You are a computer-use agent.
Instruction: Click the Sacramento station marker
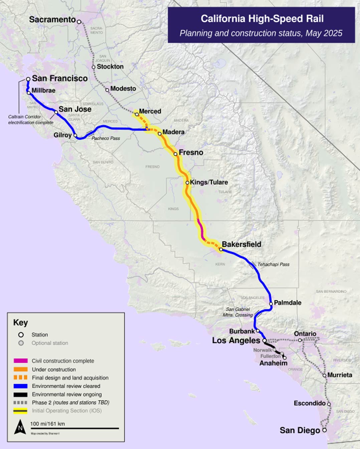(x=79, y=22)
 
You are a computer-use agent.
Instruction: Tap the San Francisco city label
(x=60, y=78)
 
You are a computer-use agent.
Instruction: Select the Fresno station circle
(x=176, y=154)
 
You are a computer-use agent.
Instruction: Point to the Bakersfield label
(x=241, y=244)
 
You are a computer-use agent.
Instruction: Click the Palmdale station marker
(x=271, y=304)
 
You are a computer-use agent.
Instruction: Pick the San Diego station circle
(x=324, y=430)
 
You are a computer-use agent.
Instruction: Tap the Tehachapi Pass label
(x=273, y=264)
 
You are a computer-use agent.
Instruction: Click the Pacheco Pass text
(x=106, y=138)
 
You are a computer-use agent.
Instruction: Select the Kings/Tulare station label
(x=209, y=182)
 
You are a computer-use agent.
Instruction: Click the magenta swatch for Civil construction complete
(x=20, y=361)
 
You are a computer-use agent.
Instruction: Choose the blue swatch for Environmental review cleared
(x=20, y=386)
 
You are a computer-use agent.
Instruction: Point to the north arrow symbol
(x=20, y=427)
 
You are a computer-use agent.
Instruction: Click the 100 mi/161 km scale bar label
(x=47, y=424)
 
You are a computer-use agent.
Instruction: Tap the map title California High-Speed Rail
(x=262, y=19)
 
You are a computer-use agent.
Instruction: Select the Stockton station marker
(x=94, y=67)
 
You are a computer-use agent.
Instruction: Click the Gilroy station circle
(x=75, y=135)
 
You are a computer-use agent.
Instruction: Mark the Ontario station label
(x=305, y=334)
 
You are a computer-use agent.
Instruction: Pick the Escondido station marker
(x=329, y=404)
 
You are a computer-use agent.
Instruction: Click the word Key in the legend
(x=20, y=323)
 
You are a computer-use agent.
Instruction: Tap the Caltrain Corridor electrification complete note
(x=31, y=120)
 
